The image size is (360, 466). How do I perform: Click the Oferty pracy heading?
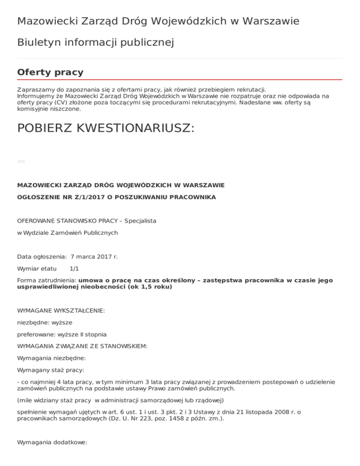50,72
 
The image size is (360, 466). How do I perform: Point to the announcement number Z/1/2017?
90,197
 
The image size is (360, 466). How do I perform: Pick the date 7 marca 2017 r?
94,257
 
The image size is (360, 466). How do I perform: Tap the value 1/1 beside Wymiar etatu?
74,269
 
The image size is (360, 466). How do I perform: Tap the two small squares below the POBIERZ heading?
21,161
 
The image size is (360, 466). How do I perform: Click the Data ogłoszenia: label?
42,257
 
